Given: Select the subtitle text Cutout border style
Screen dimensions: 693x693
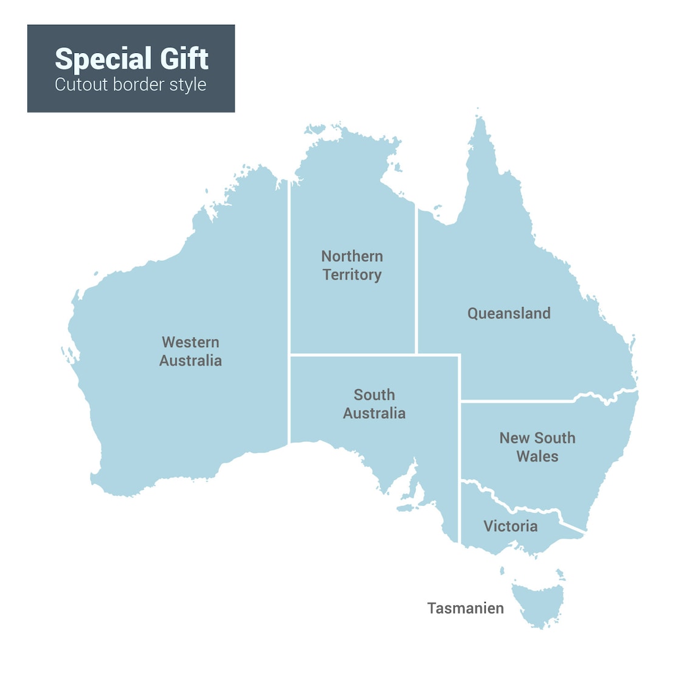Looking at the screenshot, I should pos(130,84).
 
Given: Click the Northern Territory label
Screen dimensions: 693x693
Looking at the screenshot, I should pos(352,265).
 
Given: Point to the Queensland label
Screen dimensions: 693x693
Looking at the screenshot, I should pos(509,314).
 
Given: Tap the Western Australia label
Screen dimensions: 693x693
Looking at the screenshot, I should pos(190,351).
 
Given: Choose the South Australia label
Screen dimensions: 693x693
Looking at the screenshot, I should pos(374,404).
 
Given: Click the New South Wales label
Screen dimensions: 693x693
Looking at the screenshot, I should pos(537,447).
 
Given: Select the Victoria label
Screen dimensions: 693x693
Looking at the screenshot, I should pos(510,526).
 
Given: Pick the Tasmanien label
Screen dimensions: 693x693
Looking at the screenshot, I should pos(465,609).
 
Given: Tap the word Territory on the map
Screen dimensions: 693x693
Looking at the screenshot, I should pos(352,275).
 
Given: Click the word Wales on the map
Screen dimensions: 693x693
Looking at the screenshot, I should pos(537,457).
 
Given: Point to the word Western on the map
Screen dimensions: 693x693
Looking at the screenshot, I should pos(190,342).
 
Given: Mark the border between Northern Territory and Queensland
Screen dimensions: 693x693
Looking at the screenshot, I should pos(416,280).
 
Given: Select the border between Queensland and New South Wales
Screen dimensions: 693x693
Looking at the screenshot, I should pos(517,401).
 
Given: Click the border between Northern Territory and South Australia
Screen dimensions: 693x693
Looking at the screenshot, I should pos(353,354).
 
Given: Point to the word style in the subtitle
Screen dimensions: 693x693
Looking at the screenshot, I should pos(188,85).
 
